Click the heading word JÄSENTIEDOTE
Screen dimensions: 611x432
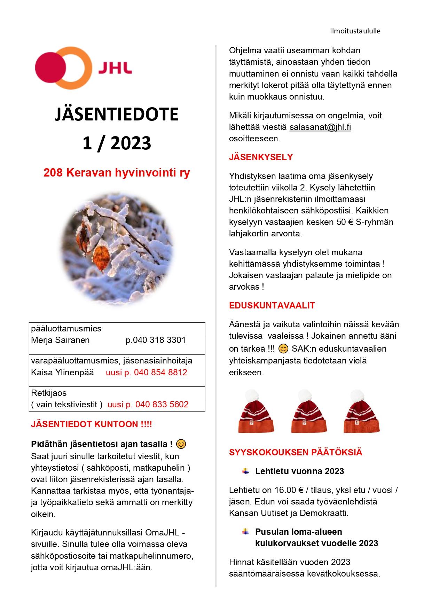117,115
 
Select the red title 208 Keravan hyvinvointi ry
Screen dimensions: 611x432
117,173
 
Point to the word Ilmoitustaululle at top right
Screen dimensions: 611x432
355,31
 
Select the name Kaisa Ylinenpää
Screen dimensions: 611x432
62,373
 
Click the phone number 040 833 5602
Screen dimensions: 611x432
162,405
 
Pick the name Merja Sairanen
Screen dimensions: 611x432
60,340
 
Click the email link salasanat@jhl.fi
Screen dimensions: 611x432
320,127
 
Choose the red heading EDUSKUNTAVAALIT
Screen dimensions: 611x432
272,306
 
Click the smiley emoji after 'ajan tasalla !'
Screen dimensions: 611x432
181,444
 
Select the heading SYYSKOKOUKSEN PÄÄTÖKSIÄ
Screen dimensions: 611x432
296,453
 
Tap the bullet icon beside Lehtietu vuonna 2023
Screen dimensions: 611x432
246,471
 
